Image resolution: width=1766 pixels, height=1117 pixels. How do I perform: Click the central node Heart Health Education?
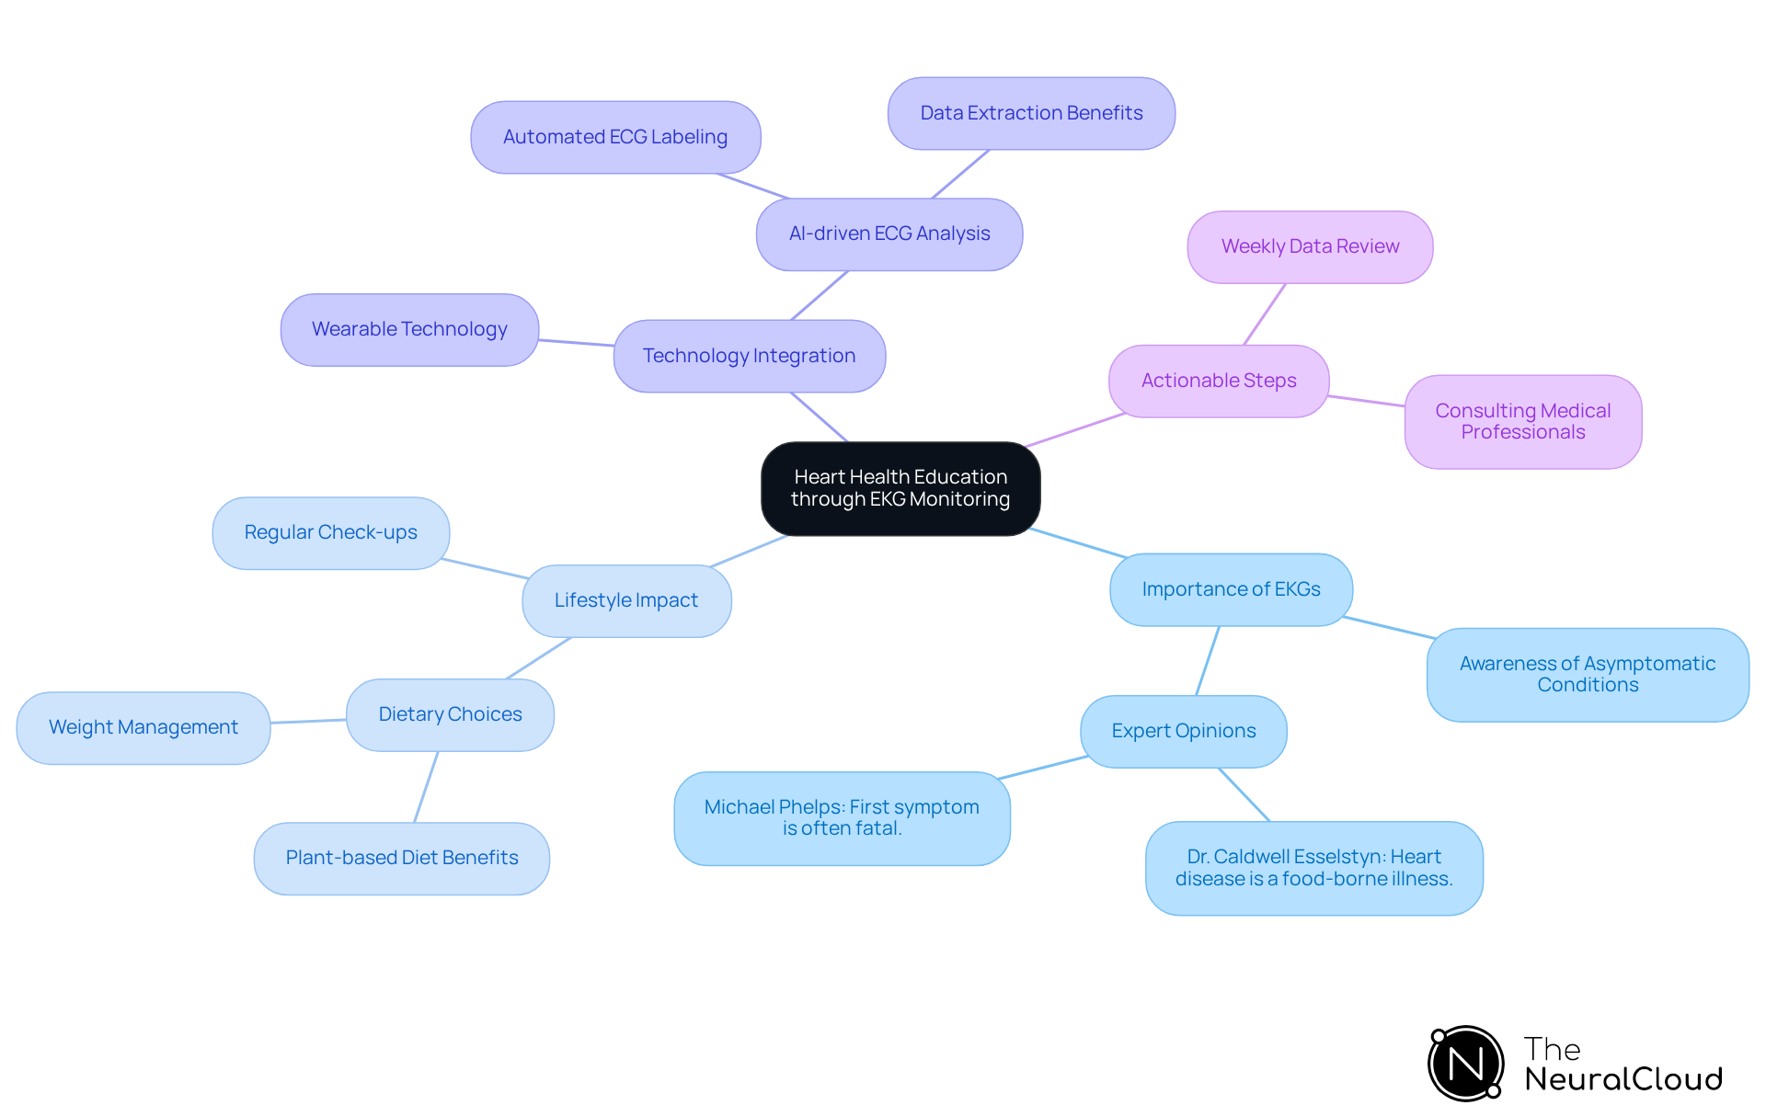900,488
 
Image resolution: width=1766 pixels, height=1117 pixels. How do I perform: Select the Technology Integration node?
749,356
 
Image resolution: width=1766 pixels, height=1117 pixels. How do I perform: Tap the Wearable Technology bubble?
409,329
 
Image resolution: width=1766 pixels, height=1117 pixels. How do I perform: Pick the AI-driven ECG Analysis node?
889,234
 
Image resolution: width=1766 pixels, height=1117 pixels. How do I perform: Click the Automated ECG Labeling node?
614,137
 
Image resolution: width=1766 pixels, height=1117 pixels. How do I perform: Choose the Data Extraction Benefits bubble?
1031,113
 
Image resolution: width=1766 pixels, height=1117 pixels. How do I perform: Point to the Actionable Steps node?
1218,381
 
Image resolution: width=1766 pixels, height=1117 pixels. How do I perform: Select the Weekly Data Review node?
1310,246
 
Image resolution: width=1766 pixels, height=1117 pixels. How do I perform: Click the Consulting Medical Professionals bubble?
1522,421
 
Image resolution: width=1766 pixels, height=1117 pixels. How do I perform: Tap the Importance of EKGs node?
1231,589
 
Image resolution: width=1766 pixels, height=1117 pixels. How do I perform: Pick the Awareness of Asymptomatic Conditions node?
1587,674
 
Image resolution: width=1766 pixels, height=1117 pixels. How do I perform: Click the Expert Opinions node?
1183,731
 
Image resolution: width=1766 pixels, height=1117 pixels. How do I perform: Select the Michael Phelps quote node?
842,817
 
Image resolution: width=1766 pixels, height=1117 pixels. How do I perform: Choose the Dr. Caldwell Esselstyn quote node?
1313,867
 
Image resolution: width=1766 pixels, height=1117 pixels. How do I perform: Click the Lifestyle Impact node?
626,600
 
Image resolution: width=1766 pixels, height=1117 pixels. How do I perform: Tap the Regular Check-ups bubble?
330,532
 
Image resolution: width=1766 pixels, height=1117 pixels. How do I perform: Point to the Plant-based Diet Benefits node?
402,858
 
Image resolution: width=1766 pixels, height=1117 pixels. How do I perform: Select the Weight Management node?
143,727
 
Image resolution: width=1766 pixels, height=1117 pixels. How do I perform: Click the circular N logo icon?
1465,1064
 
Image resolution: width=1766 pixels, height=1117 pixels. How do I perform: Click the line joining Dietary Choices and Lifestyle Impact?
539,658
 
